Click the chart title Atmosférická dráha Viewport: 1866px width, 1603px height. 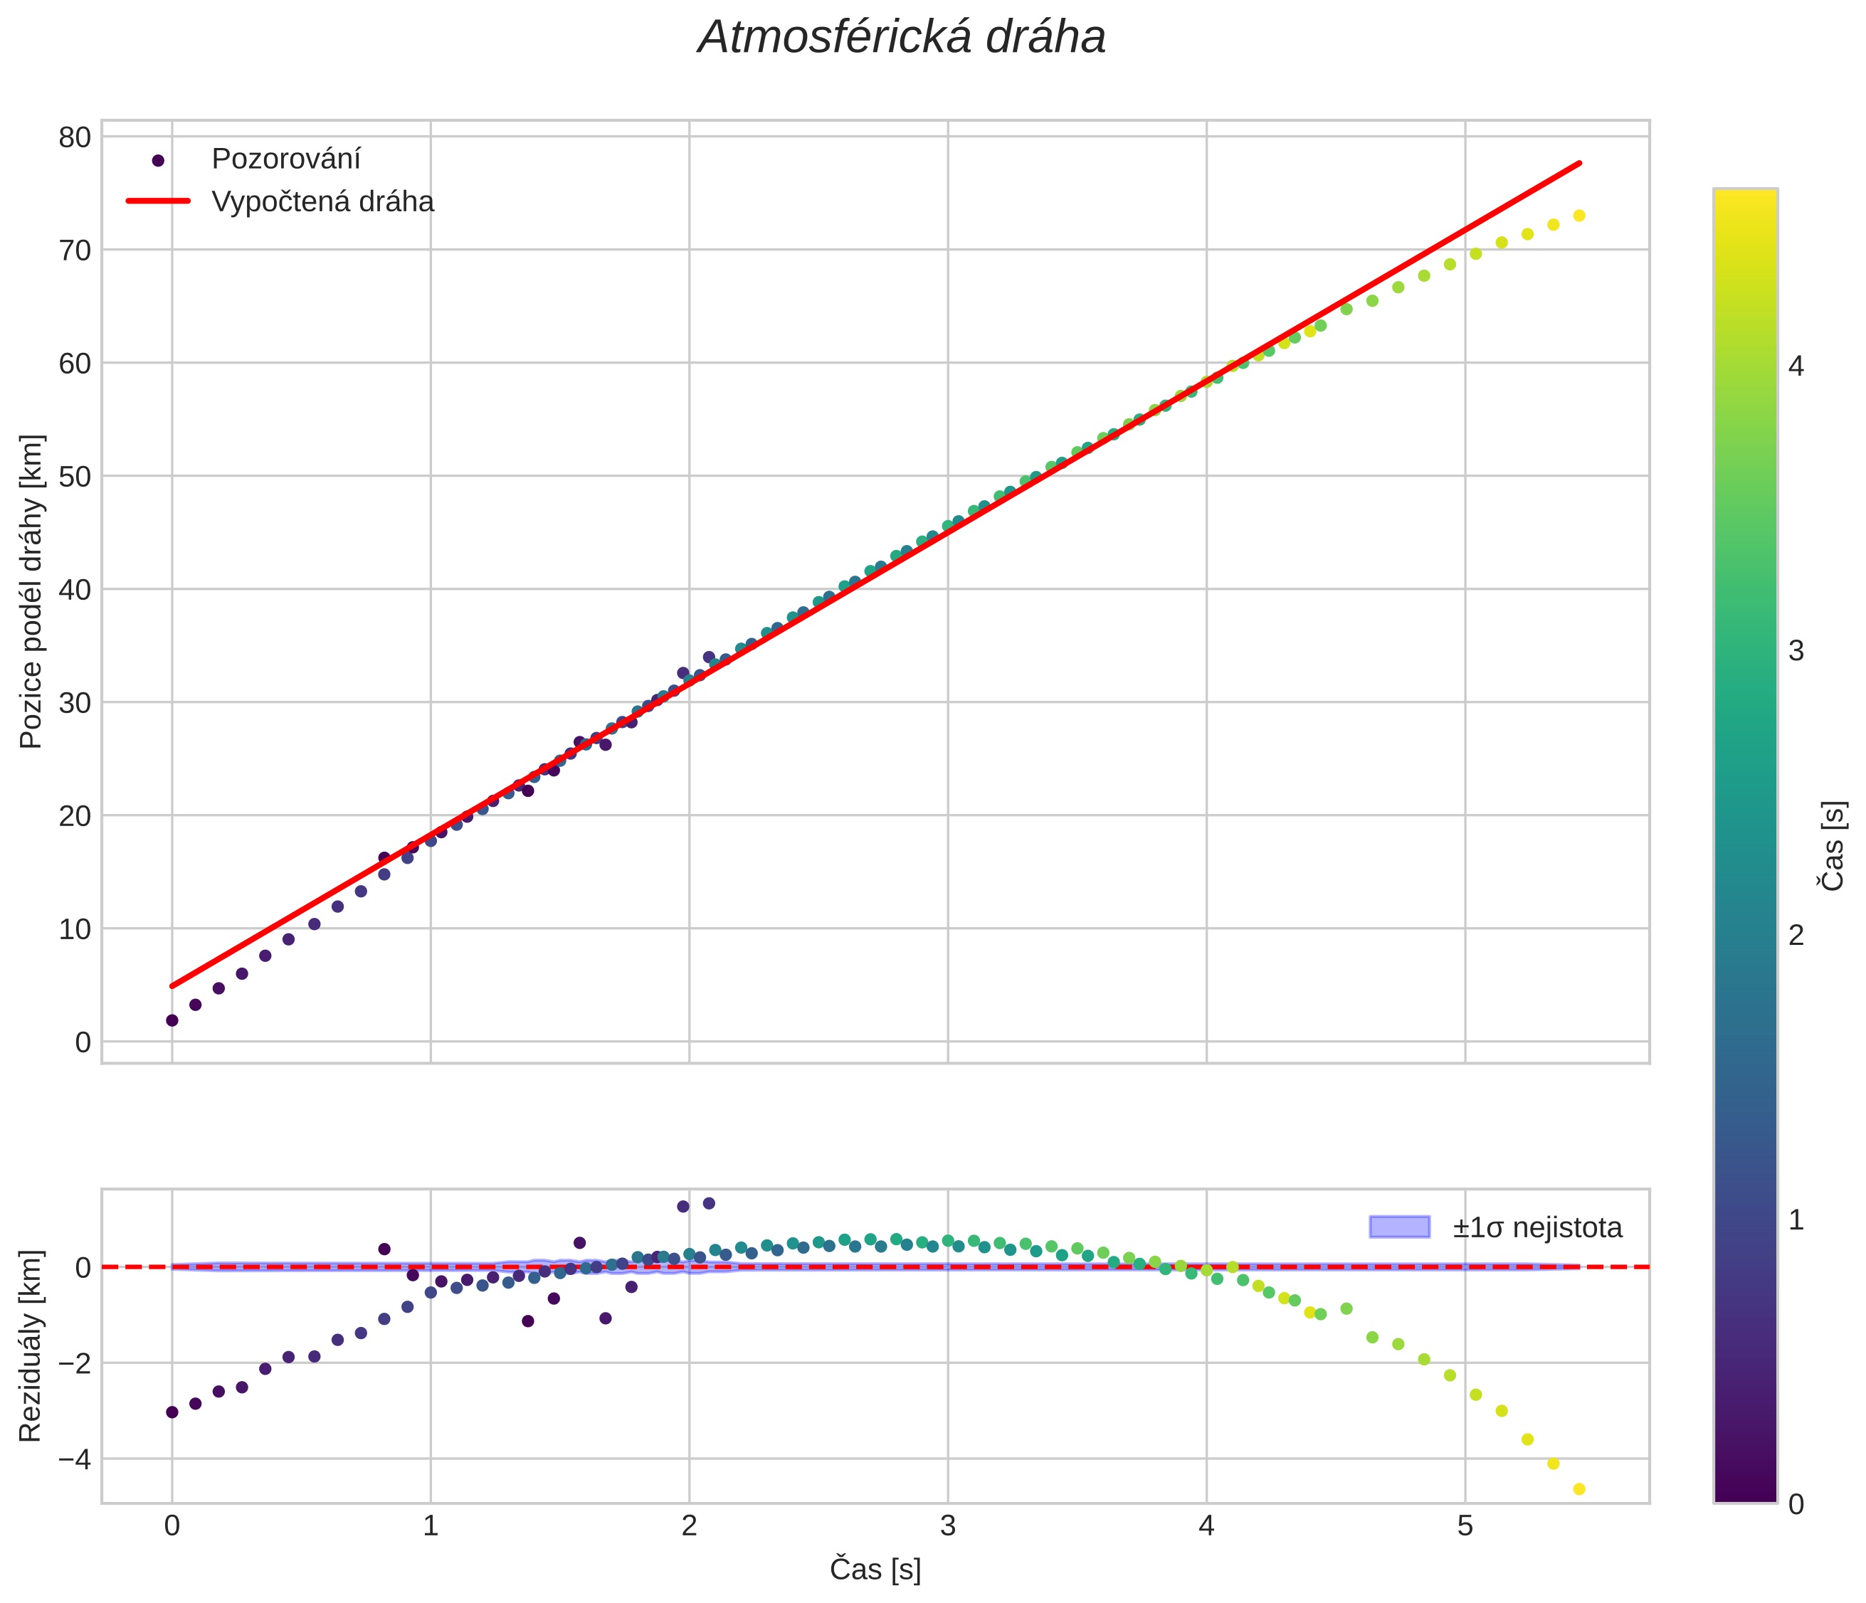point(902,38)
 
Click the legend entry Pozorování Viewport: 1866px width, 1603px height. point(285,159)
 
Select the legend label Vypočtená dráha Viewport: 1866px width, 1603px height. point(322,202)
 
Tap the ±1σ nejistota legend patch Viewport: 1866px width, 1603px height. point(1398,1227)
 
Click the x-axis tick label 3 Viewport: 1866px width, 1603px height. point(947,1525)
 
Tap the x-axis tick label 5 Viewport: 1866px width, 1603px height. point(1465,1525)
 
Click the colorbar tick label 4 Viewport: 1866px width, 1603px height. point(1796,366)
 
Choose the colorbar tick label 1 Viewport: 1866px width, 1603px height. point(1796,1220)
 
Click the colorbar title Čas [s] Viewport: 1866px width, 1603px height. point(1832,847)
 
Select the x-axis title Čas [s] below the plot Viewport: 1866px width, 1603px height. point(875,1569)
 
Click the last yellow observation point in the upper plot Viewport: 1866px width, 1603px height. point(1578,216)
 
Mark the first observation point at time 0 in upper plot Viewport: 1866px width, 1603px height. point(172,1020)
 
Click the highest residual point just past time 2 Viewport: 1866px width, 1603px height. point(709,1203)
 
